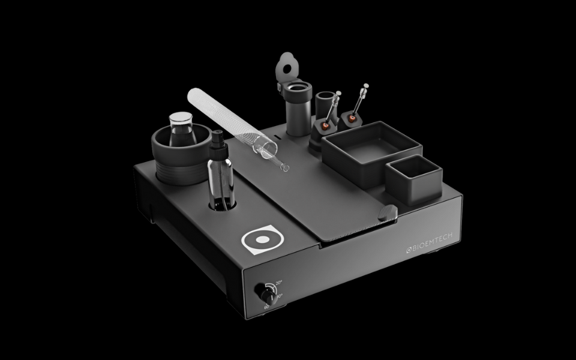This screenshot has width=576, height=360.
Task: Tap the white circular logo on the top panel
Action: tap(262, 239)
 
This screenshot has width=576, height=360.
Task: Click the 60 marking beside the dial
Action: tap(266, 307)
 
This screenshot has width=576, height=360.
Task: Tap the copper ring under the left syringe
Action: tap(325, 126)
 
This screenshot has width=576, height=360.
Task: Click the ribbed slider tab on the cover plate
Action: tap(389, 213)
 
